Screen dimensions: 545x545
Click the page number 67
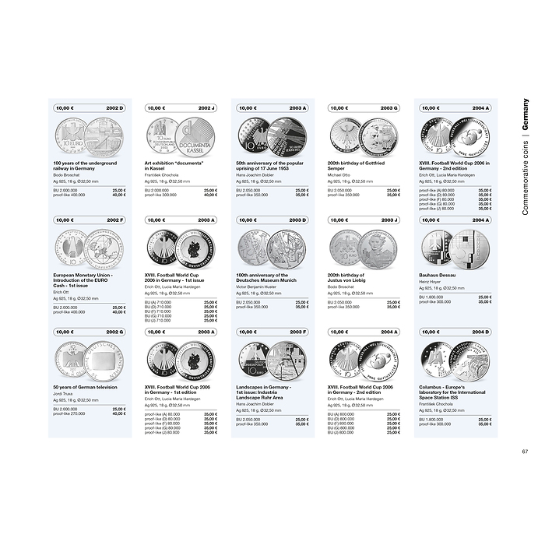pyautogui.click(x=525, y=452)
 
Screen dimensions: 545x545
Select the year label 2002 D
pyautogui.click(x=115, y=108)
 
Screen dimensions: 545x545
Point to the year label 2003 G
pyautogui.click(x=389, y=108)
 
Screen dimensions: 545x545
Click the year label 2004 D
pyautogui.click(x=480, y=332)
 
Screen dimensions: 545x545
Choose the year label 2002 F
pyautogui.click(x=115, y=220)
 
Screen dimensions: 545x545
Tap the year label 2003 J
pyautogui.click(x=389, y=220)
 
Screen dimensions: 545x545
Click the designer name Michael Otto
pyautogui.click(x=339, y=174)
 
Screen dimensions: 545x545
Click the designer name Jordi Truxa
pyautogui.click(x=63, y=393)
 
